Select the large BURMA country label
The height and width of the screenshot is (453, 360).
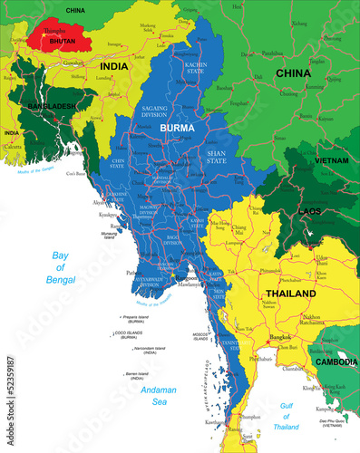[177, 129]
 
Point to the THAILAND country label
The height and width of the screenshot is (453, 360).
[290, 294]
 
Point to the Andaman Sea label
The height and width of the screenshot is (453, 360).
[161, 395]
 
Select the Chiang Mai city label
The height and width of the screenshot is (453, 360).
[240, 230]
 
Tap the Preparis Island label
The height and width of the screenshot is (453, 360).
[135, 318]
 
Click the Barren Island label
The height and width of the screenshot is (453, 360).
[136, 372]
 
